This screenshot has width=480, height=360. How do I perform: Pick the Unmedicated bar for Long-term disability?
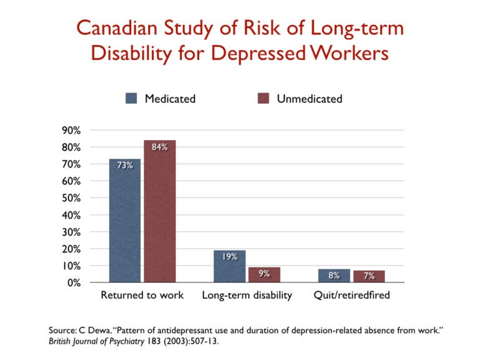point(264,275)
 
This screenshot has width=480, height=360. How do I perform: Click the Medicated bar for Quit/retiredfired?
point(334,276)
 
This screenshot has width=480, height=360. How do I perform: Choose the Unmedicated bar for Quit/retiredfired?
point(369,276)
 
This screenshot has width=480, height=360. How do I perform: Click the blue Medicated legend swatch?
point(132,98)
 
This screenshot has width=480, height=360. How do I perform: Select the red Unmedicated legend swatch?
point(263,98)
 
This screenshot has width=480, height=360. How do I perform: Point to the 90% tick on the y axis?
point(70,131)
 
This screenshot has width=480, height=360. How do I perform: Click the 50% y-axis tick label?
point(70,198)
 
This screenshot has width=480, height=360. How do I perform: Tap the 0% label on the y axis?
point(73,282)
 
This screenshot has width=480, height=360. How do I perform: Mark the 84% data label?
point(159,147)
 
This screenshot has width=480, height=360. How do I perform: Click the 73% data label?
point(125,166)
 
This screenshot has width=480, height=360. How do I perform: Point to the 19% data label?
point(229,257)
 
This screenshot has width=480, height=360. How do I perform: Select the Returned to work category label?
point(142,295)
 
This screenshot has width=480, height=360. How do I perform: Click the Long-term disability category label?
point(247,295)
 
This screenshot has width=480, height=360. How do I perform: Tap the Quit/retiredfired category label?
point(351,295)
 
